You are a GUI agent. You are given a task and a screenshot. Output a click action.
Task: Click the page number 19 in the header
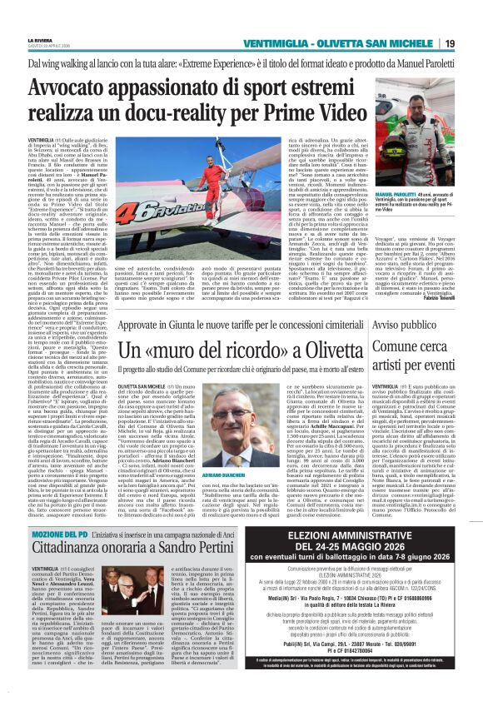(x=472, y=43)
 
